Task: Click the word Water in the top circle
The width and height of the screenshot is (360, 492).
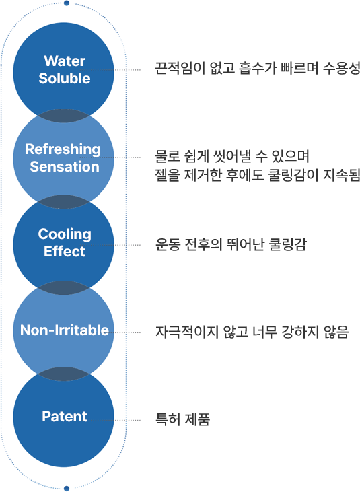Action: coord(65,61)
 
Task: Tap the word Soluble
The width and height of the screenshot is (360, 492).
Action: coord(65,78)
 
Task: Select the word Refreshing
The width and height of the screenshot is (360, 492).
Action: coord(63,149)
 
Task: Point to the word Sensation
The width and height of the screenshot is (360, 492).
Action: coord(65,167)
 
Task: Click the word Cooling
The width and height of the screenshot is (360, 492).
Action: coord(65,234)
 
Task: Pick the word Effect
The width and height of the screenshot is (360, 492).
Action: coord(65,251)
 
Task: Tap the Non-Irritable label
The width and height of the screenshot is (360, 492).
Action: coord(65,330)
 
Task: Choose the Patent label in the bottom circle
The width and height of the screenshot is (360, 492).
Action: coord(65,416)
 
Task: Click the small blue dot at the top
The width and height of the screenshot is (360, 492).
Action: coord(67,3)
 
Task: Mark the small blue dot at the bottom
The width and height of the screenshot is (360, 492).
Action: coord(67,488)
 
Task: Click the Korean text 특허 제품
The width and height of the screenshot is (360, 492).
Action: coord(182,419)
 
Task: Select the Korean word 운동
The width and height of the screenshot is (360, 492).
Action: coord(168,245)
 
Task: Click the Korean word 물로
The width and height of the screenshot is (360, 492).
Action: coord(168,156)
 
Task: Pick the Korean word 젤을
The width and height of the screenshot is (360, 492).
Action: coord(168,175)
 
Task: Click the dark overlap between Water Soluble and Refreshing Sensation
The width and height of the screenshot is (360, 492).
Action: coord(64,116)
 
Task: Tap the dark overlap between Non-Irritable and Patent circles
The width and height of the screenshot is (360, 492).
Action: coord(64,374)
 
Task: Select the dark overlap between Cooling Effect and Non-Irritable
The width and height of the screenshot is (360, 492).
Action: coord(64,288)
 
